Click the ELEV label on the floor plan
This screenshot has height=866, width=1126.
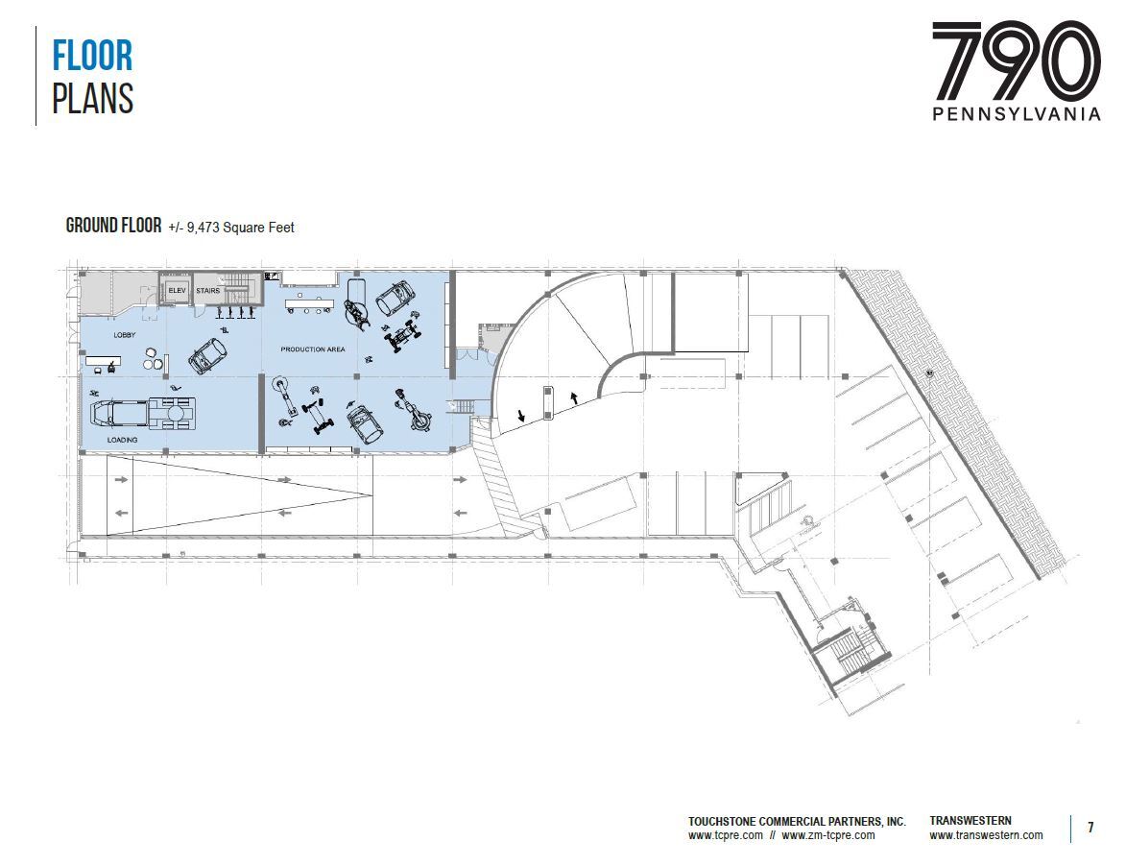click(178, 290)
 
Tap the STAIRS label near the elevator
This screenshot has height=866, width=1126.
click(207, 290)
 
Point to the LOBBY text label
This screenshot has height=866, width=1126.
click(125, 335)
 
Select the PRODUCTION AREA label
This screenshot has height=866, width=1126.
click(313, 349)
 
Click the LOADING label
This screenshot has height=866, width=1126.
click(122, 440)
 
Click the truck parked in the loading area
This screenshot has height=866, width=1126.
click(143, 413)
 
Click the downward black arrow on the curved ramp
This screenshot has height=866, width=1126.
click(520, 416)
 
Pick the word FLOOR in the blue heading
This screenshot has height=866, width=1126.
click(92, 57)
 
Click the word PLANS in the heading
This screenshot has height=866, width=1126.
click(92, 99)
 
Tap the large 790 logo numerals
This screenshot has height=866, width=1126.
click(1016, 61)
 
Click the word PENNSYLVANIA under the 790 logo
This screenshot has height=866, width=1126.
click(1017, 114)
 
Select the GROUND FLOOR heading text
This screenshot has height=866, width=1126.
click(113, 227)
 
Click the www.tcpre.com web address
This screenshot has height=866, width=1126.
click(725, 835)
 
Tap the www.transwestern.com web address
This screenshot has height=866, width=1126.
click(986, 835)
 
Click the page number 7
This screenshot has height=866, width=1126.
click(1090, 828)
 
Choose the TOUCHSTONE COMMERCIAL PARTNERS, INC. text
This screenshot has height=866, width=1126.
click(797, 822)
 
